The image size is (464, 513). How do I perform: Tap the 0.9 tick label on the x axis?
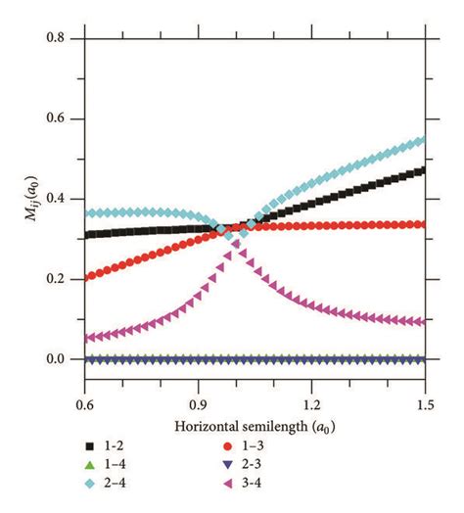coord(199,402)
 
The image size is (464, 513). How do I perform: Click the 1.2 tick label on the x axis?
coord(312,402)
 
